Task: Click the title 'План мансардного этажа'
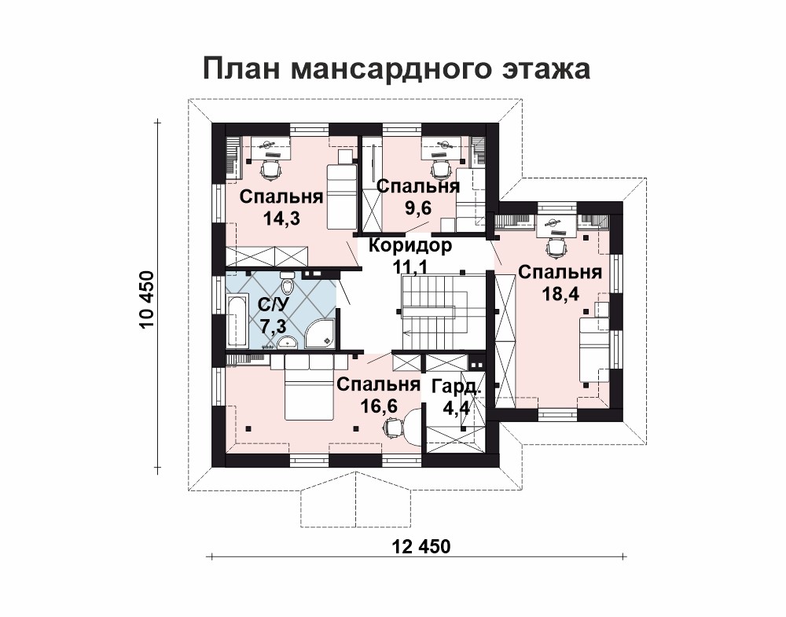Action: pos(396,68)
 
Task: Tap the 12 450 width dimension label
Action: pos(420,546)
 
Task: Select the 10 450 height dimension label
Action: pos(147,299)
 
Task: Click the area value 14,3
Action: pos(281,218)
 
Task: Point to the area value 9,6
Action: pos(418,207)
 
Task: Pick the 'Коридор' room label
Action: pos(410,245)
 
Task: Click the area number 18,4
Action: pos(560,294)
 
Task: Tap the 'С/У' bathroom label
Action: pos(273,304)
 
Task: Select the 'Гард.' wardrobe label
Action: pos(456,387)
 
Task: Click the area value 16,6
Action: pos(379,406)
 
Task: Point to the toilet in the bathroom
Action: pos(288,285)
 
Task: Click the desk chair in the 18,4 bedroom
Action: pos(556,246)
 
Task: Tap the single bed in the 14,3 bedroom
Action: pos(341,190)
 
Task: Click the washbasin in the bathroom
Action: pos(287,343)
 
